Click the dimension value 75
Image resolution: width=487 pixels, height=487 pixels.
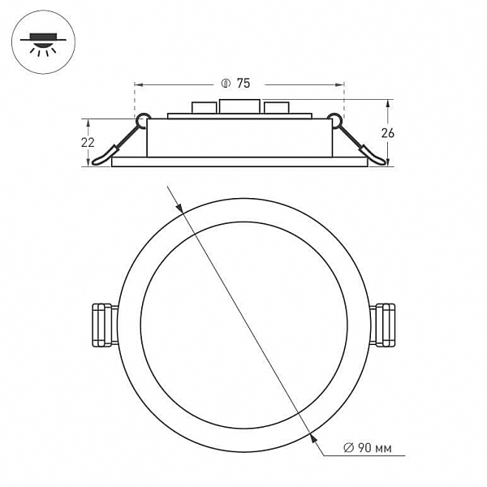click(243, 84)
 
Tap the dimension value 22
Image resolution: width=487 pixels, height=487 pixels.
click(88, 143)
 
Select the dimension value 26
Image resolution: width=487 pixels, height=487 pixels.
click(388, 133)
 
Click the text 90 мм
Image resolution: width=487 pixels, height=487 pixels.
click(374, 447)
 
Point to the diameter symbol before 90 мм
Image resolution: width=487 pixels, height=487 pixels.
click(348, 447)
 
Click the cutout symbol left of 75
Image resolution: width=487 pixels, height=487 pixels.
click(226, 84)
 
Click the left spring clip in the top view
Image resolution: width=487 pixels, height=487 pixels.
click(106, 325)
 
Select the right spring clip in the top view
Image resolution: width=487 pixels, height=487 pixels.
click(382, 325)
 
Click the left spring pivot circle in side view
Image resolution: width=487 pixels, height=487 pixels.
click(143, 120)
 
